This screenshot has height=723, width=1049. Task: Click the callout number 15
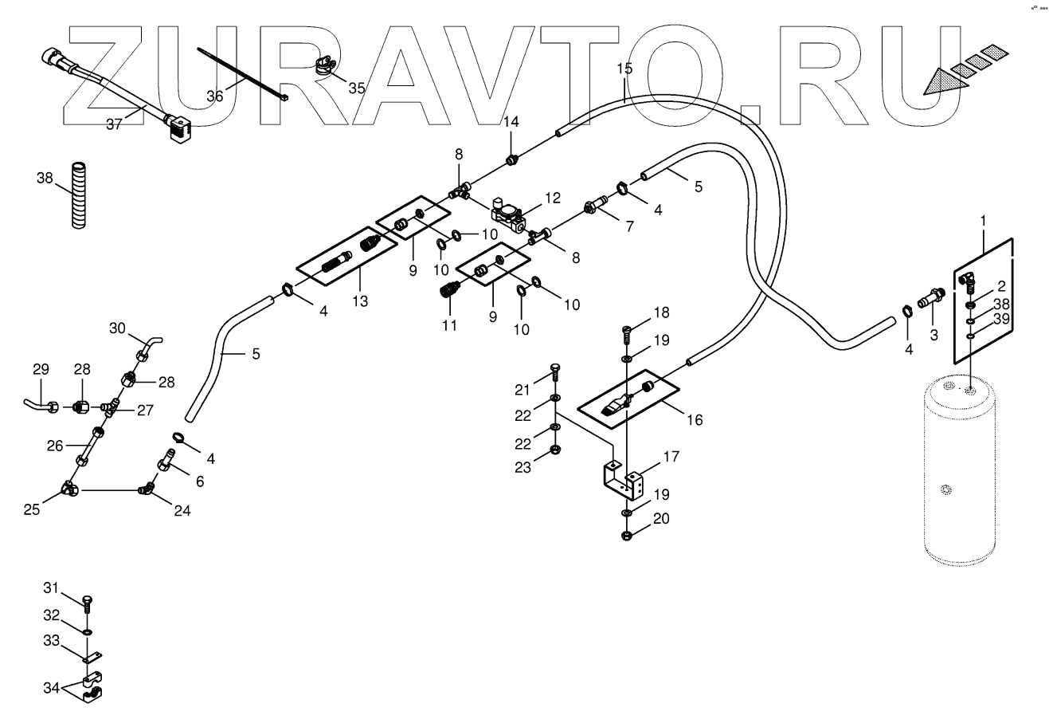624,69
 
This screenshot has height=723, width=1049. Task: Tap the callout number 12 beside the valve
553,197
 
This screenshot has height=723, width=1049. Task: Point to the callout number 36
215,96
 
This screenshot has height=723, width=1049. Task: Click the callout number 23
523,468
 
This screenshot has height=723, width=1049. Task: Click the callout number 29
41,369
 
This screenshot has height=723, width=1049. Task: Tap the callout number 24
182,511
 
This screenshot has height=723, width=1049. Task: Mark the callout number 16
695,419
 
